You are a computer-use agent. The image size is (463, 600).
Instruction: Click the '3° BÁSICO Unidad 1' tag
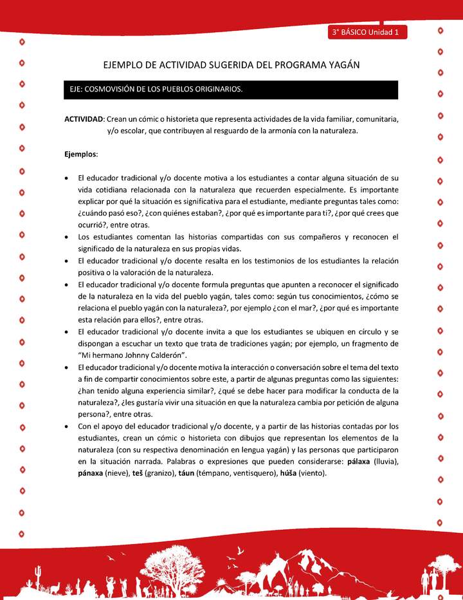coord(365,32)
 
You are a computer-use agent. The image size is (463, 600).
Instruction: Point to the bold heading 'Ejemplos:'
coord(81,154)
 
